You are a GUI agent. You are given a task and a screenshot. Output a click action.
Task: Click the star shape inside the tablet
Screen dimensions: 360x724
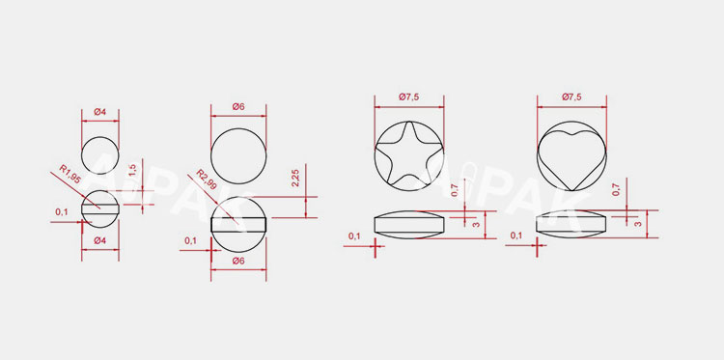click(x=407, y=155)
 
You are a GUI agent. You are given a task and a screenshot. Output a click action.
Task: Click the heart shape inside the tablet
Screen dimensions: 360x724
click(x=571, y=155)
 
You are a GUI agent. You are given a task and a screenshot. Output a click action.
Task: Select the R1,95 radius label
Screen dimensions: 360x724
click(x=70, y=176)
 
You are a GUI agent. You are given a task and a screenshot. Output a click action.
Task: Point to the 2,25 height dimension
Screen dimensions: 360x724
click(x=295, y=179)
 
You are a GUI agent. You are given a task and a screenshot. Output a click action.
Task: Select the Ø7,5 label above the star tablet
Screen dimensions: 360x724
click(x=408, y=97)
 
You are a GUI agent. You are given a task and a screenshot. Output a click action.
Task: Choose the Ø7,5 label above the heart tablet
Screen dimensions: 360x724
click(x=571, y=97)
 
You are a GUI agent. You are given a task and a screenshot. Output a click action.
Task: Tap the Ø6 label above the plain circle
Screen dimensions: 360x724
click(x=237, y=107)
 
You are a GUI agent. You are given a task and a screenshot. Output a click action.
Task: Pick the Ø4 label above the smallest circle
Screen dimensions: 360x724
click(x=100, y=113)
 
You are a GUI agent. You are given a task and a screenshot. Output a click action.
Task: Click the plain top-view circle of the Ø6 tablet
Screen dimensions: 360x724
click(x=238, y=153)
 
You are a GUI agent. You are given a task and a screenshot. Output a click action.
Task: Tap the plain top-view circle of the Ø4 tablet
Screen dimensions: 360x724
click(x=99, y=154)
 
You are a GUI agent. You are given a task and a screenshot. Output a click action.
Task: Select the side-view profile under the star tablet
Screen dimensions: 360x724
click(x=407, y=224)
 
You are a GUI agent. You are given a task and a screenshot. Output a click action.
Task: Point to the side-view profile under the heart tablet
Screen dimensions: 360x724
click(x=571, y=224)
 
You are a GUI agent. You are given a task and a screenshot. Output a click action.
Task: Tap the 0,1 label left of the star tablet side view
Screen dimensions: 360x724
click(x=354, y=235)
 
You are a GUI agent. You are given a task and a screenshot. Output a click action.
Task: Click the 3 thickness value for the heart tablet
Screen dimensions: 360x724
click(x=638, y=223)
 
